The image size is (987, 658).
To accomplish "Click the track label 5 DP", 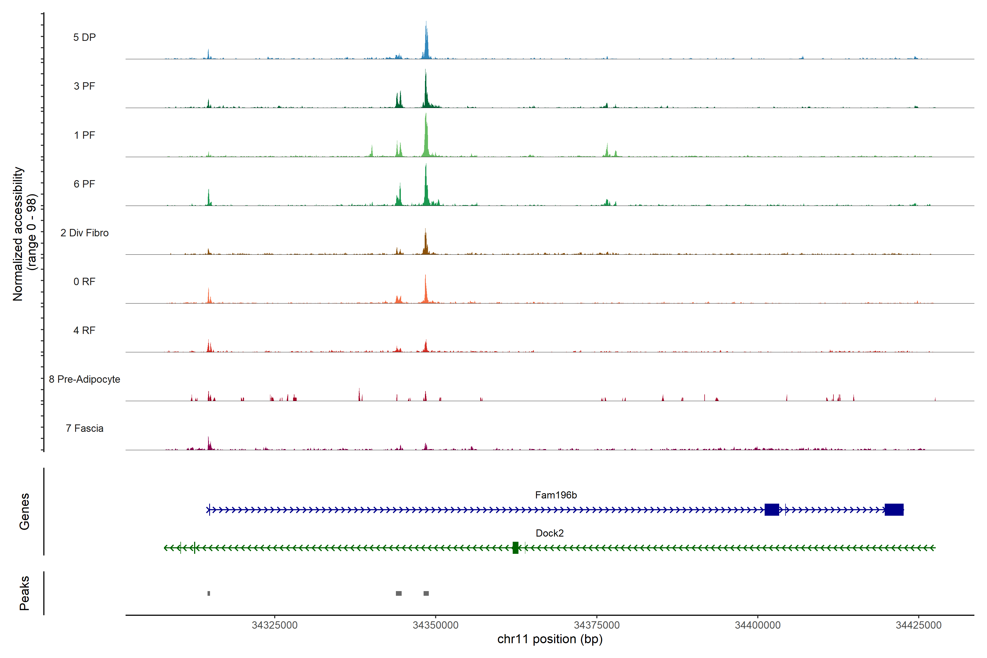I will click(84, 37).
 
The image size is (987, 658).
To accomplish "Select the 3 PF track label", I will click(84, 86).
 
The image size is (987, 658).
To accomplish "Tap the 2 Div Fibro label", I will click(84, 233).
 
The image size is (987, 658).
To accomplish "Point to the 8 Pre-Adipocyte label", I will click(84, 379).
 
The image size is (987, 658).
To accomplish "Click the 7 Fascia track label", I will click(84, 429).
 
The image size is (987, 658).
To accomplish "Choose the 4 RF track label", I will click(84, 331).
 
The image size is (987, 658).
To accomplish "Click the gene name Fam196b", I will click(556, 495).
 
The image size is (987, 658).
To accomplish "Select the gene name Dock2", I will click(549, 533).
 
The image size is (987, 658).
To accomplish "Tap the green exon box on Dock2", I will click(515, 548).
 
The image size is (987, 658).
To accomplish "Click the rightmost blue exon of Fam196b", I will click(894, 509).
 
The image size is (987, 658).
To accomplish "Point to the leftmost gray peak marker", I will click(209, 593).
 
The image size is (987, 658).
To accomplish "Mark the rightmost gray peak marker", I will click(426, 593).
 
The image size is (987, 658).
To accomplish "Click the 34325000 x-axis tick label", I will click(274, 625).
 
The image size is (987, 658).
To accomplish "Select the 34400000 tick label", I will click(758, 625).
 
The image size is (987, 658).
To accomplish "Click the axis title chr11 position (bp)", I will click(549, 639).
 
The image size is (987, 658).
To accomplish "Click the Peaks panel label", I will click(24, 593).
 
